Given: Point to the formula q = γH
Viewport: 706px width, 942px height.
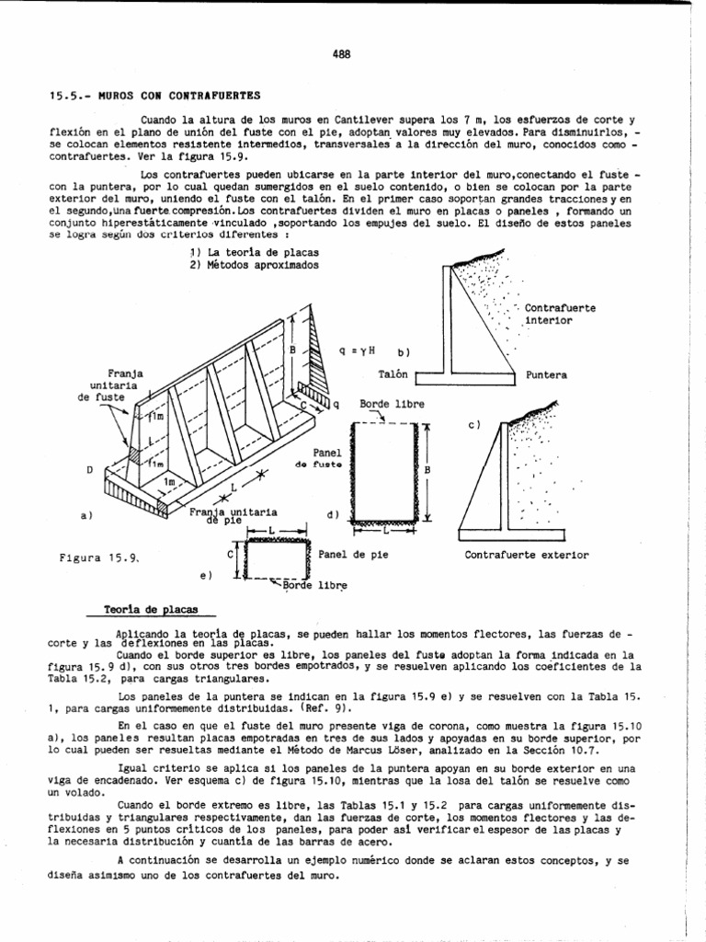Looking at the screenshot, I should coord(359,350).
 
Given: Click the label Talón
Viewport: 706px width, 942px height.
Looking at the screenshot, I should coord(393,375).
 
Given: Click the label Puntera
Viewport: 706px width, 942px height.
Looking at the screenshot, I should coord(547,375).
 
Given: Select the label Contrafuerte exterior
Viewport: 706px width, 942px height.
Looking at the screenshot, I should coord(527,556).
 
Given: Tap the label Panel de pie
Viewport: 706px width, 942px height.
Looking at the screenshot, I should coord(352,555).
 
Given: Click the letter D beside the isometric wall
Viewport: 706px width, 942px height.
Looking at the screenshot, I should coord(89,469).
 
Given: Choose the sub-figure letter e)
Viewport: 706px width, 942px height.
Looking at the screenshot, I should coord(205,577).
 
